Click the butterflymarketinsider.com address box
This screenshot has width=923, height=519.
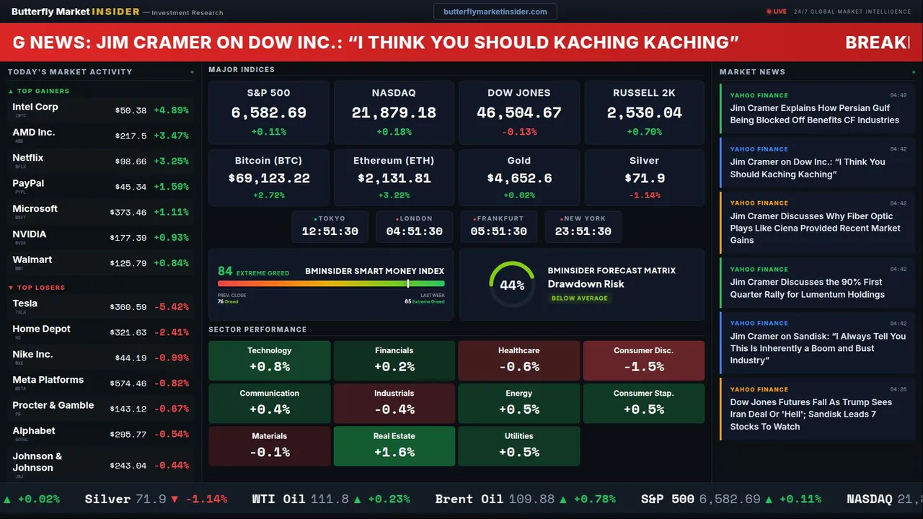click(x=495, y=12)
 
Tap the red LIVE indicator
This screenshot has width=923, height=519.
click(x=777, y=12)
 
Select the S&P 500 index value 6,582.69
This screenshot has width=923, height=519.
click(x=268, y=113)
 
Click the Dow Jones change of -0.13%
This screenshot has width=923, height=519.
click(x=519, y=132)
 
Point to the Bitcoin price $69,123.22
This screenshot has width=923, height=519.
click(x=269, y=178)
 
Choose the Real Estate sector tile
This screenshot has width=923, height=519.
click(x=394, y=446)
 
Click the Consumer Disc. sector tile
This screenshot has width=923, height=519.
click(x=643, y=360)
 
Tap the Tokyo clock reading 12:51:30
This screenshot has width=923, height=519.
click(x=330, y=231)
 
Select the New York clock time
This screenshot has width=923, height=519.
click(x=583, y=231)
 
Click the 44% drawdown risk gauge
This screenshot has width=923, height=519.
click(x=512, y=285)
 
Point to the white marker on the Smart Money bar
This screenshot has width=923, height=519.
click(x=408, y=284)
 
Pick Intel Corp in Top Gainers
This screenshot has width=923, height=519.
click(x=35, y=107)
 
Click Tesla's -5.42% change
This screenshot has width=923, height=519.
click(x=172, y=307)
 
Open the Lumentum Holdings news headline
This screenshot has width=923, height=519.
click(x=807, y=288)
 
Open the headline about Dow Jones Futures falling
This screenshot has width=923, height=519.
click(x=811, y=414)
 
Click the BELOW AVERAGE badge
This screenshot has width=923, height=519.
click(x=579, y=298)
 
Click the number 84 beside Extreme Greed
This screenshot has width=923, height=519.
click(x=225, y=271)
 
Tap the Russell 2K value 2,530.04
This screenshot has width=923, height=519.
click(x=644, y=113)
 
